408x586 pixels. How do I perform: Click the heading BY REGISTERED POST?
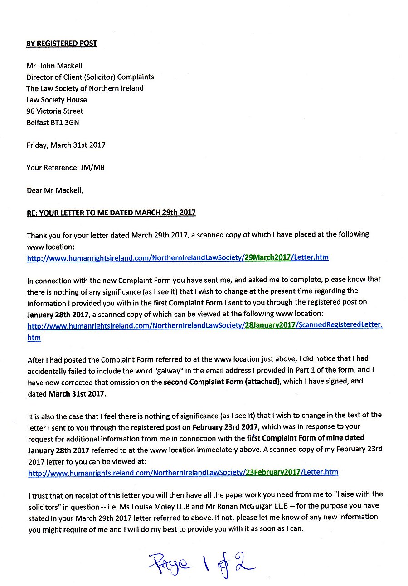(62, 44)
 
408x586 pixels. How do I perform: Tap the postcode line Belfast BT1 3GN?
(53, 122)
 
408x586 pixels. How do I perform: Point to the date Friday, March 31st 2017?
(66, 145)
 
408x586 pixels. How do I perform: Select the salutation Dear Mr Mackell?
(55, 190)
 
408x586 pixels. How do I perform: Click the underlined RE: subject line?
(111, 213)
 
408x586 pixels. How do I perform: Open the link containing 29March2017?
(178, 257)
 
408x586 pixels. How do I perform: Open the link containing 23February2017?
(183, 472)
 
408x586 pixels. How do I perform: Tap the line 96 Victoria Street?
(55, 111)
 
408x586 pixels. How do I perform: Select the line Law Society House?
(57, 100)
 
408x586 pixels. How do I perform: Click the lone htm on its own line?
(34, 338)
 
